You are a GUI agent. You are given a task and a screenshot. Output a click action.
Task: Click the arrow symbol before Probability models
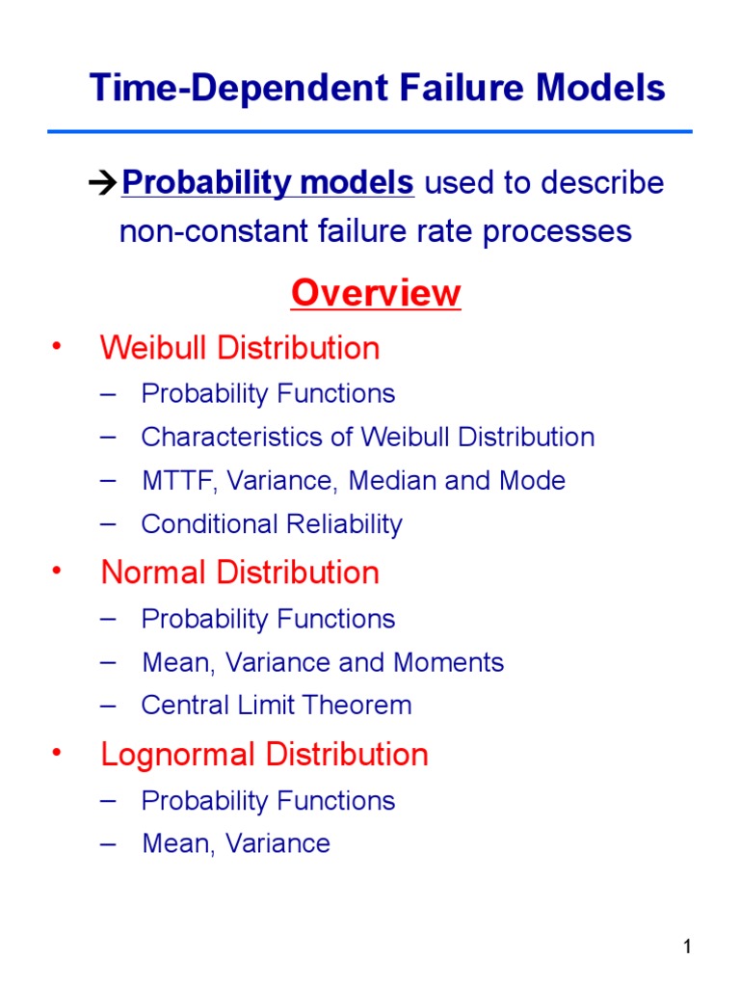point(102,183)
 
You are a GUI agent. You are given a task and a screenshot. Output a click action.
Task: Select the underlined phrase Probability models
point(269,183)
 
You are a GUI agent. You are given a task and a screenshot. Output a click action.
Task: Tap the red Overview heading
point(376,293)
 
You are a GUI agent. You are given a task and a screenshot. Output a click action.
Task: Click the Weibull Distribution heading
point(240,348)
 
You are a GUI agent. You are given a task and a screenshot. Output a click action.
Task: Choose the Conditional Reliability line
point(271,524)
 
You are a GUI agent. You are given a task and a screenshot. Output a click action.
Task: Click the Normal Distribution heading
point(240,573)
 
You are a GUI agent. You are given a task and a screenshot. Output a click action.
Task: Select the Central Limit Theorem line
point(276,705)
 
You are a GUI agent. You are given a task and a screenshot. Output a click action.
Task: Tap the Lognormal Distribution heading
point(264,754)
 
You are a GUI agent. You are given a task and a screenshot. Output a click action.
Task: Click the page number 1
point(687,947)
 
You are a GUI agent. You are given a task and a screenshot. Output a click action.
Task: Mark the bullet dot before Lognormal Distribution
point(56,753)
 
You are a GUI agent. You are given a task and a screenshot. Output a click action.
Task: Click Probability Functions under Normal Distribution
point(268,619)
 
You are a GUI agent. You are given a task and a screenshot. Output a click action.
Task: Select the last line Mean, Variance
point(235,843)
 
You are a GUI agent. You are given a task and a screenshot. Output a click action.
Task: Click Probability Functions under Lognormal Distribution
point(268,801)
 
